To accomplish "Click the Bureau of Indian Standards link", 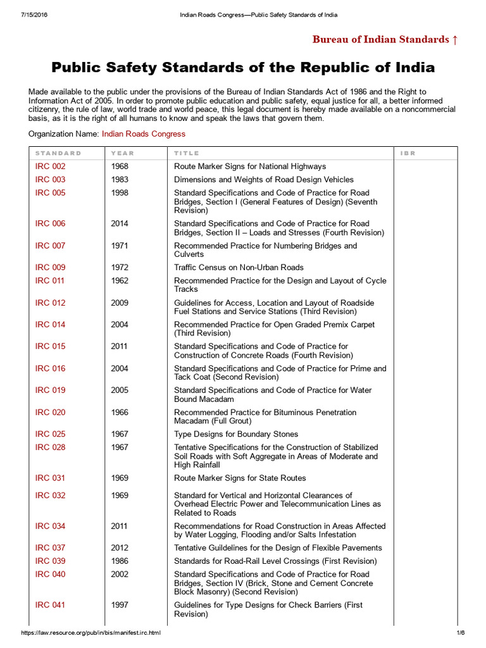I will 385,40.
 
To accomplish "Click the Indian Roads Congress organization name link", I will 144,134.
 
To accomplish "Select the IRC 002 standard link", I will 50,166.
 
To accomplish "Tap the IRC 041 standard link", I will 50,605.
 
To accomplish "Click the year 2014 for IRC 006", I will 120,223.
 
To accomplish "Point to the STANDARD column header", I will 58,153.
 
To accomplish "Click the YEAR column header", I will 122,153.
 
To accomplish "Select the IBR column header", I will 408,153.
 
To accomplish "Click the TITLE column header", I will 187,153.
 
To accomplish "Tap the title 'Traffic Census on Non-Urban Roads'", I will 239,267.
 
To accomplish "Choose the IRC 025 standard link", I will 50,434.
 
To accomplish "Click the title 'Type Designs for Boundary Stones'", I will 236,434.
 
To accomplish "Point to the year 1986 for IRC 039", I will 120,561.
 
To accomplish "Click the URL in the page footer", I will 90,633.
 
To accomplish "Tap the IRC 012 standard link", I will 50,302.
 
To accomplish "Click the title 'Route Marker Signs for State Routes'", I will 240,478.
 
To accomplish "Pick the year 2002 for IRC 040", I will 120,575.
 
